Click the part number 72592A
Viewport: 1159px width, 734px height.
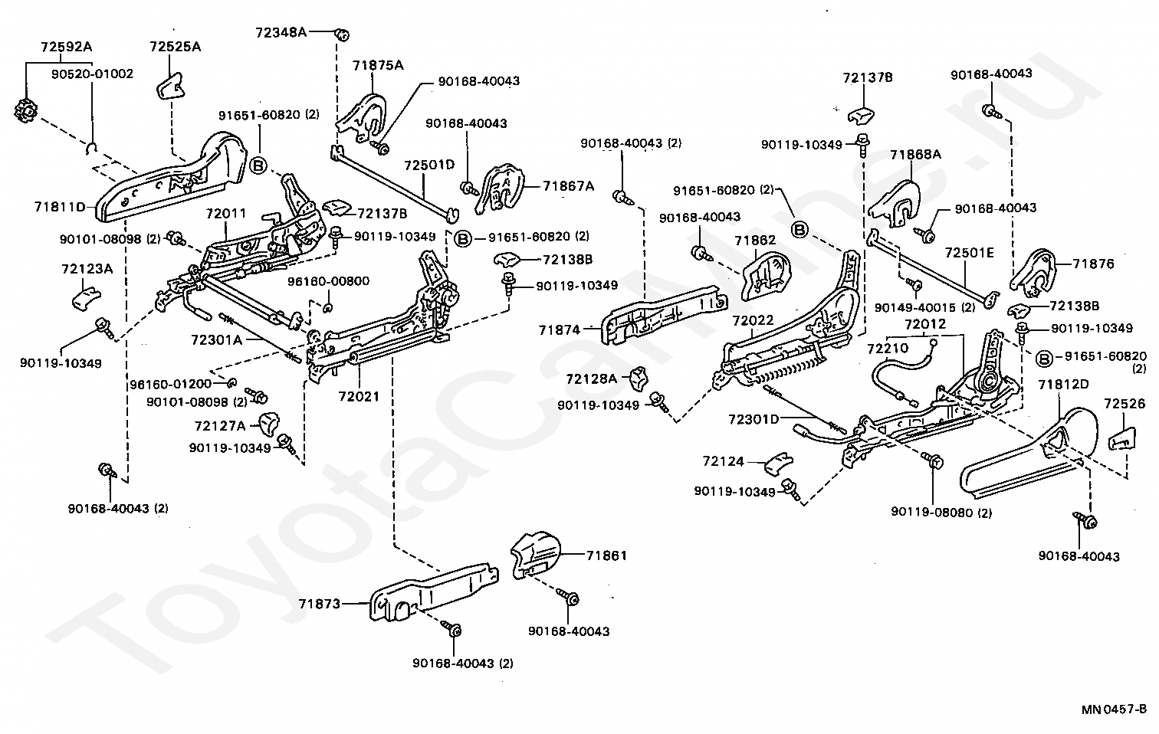[66, 47]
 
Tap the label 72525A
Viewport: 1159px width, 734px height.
[176, 47]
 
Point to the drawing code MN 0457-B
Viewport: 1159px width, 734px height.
[1114, 709]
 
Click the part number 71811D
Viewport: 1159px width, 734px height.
[60, 207]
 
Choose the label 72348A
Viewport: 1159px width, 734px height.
[281, 33]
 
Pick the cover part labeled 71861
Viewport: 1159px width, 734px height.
[536, 554]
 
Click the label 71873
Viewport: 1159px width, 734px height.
[319, 604]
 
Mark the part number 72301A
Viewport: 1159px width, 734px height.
[217, 339]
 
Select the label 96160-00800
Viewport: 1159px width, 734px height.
[329, 281]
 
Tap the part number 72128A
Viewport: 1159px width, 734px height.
[592, 378]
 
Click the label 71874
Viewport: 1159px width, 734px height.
[560, 329]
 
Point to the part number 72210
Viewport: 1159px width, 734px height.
[888, 348]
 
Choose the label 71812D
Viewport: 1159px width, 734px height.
[1064, 384]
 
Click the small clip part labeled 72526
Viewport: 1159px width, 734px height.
[1122, 438]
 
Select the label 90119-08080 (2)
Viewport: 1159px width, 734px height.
[941, 512]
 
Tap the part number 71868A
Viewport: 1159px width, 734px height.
[916, 154]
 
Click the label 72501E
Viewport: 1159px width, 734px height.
[970, 252]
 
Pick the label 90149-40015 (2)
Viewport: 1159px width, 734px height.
[924, 307]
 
